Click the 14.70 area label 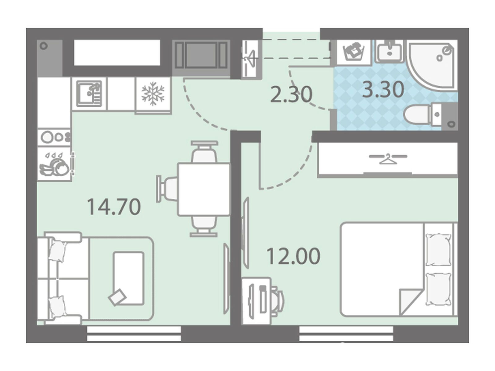click(114, 207)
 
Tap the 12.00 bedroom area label click(293, 256)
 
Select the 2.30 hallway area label click(291, 94)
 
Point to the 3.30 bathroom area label click(383, 89)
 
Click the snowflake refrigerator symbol click(153, 93)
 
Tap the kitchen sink click(89, 93)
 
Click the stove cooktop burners click(54, 137)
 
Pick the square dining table click(204, 189)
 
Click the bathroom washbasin click(390, 51)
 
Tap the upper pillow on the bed click(438, 250)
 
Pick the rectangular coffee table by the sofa click(128, 278)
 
